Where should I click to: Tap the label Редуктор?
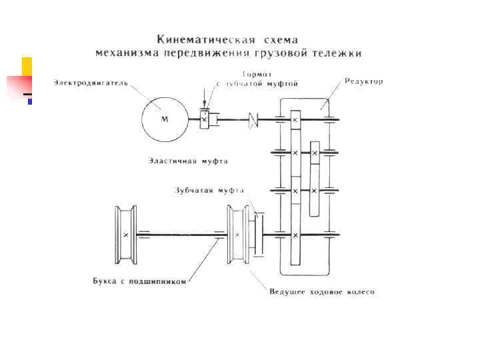click(x=363, y=82)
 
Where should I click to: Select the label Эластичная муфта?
click(x=189, y=161)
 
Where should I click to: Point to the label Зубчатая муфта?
click(x=209, y=191)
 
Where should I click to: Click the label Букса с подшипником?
click(x=139, y=281)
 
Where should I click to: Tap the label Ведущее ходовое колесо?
click(x=322, y=292)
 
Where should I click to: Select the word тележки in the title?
click(x=340, y=52)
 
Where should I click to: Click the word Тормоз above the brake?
click(x=256, y=75)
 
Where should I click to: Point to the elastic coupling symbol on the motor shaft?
click(x=253, y=120)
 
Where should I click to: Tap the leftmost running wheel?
click(x=125, y=235)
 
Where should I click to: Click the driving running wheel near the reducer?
click(x=236, y=235)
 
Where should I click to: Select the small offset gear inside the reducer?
click(x=315, y=178)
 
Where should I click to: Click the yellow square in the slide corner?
click(x=27, y=67)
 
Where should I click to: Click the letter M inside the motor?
click(x=163, y=120)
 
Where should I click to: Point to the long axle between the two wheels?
click(x=180, y=235)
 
